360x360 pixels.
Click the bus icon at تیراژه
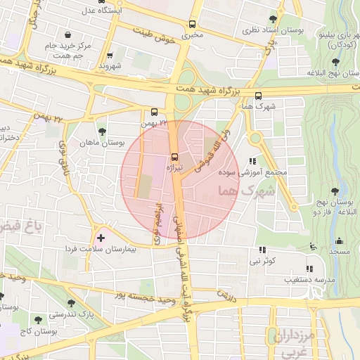[x=174, y=157]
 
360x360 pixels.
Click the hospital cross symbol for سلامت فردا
[x=101, y=239]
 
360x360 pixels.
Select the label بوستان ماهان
[x=104, y=143]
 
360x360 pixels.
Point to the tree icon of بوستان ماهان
[x=103, y=131]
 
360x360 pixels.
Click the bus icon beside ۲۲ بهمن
[x=155, y=112]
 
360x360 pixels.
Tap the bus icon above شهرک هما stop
[x=258, y=96]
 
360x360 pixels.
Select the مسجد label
[x=340, y=251]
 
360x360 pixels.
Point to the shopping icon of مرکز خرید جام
[x=67, y=35]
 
